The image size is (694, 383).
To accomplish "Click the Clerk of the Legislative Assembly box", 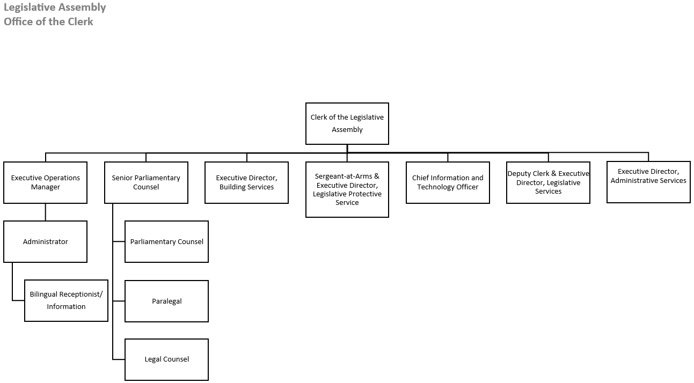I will click(347, 123).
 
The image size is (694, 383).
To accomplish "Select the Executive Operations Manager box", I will click(45, 182).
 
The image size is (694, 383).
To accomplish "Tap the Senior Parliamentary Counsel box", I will click(146, 182).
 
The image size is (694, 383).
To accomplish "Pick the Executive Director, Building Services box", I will click(246, 182).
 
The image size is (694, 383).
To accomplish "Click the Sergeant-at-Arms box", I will click(347, 189).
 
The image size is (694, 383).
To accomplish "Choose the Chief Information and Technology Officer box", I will click(448, 182).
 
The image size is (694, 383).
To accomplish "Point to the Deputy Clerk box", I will click(548, 182).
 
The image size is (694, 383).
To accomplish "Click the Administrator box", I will click(45, 241).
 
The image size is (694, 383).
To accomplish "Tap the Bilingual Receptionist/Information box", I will click(66, 300).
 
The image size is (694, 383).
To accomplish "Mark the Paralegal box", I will click(166, 301).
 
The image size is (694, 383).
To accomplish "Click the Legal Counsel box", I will click(166, 359).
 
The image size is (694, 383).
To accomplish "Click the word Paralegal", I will click(166, 301).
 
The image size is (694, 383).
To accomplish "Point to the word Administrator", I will click(45, 242).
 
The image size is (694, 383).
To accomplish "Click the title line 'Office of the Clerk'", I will click(48, 21).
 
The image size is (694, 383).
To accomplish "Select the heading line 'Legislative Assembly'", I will click(55, 8).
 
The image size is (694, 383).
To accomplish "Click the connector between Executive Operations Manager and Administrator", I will click(45, 212).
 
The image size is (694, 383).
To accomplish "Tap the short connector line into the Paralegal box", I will click(119, 301).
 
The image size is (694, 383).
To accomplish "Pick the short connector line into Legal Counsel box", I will click(119, 359).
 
